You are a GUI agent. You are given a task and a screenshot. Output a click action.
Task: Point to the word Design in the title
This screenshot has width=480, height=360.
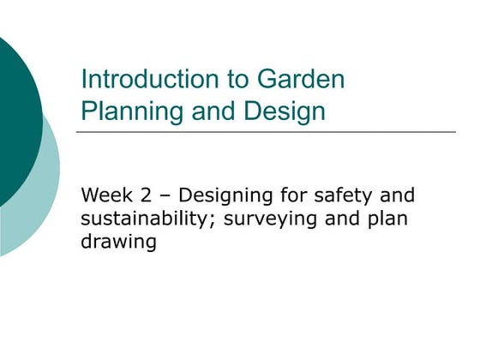click(x=285, y=111)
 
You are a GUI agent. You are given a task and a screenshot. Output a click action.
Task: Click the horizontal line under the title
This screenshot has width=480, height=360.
click(x=266, y=132)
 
